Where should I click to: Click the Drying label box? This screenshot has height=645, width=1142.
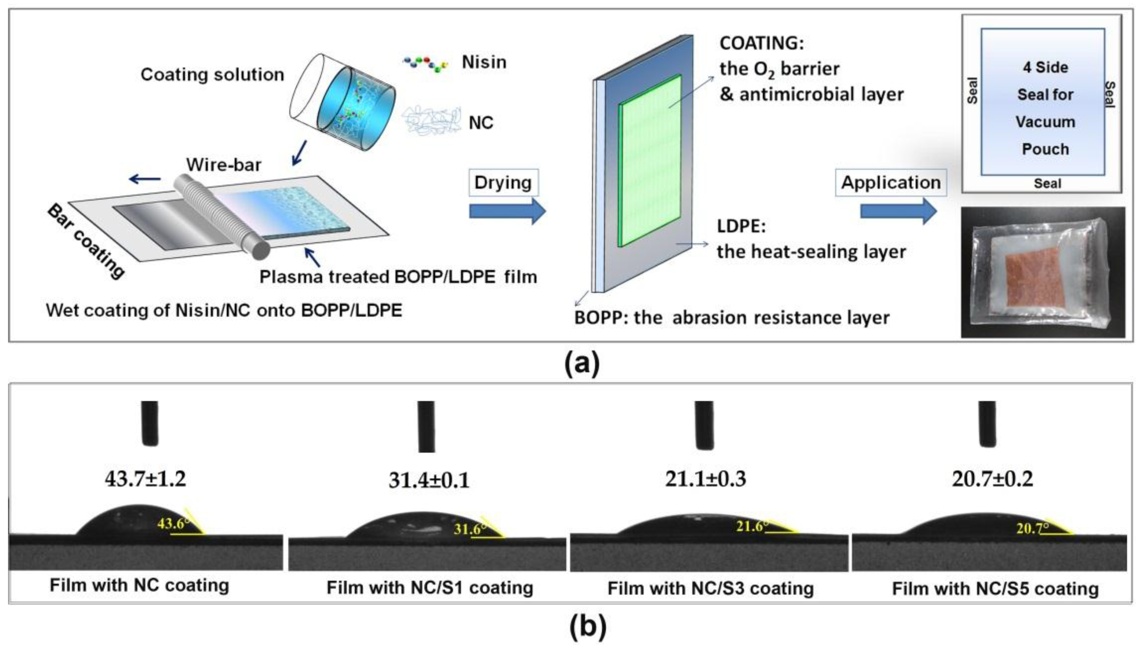tap(503, 183)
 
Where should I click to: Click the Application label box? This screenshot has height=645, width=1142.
tap(891, 183)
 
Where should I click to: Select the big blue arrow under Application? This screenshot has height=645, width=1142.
tap(898, 211)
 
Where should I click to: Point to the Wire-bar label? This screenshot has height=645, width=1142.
tap(223, 165)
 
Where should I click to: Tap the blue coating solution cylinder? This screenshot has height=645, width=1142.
tap(355, 106)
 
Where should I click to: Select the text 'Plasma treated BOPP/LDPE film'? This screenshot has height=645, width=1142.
tap(398, 277)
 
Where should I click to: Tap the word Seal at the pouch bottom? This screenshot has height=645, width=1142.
tap(1047, 183)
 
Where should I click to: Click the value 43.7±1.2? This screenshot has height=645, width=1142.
tap(146, 479)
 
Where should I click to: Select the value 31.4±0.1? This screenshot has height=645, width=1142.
tap(429, 480)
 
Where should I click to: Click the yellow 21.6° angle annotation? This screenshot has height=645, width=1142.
tap(751, 526)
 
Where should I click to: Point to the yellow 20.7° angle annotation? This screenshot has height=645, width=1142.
tap(1032, 528)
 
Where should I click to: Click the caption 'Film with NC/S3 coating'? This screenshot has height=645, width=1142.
tap(710, 589)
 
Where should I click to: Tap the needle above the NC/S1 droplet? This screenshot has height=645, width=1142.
tap(426, 426)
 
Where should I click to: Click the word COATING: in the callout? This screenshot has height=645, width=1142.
tap(761, 43)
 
